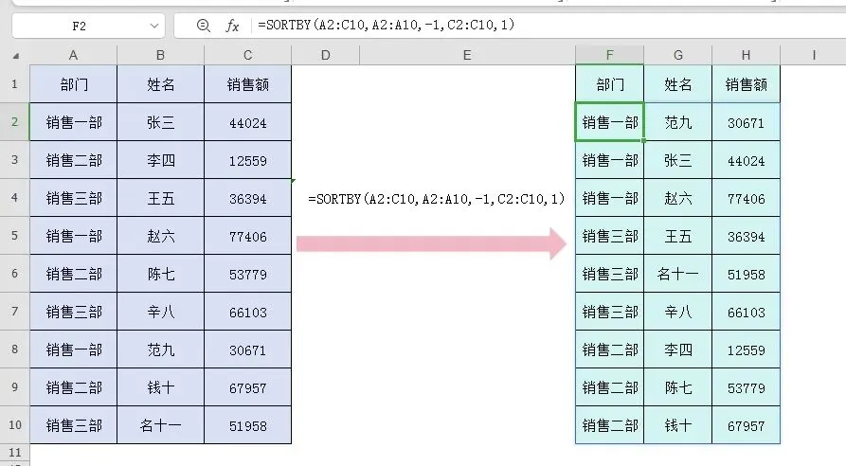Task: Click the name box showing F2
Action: pyautogui.click(x=80, y=27)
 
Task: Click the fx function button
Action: pyautogui.click(x=232, y=27)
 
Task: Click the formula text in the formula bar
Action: pyautogui.click(x=386, y=27)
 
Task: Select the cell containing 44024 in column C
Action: pyautogui.click(x=247, y=122)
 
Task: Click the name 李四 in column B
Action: pyautogui.click(x=161, y=160)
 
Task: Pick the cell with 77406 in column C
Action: pyautogui.click(x=247, y=236)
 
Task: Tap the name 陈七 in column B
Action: pyautogui.click(x=161, y=274)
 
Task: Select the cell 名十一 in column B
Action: pyautogui.click(x=161, y=425)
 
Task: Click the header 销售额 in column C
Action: pyautogui.click(x=247, y=84)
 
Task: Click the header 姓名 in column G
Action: pyautogui.click(x=677, y=84)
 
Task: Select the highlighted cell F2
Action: pyautogui.click(x=609, y=122)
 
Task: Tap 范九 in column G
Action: pyautogui.click(x=677, y=122)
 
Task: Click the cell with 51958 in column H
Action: pyautogui.click(x=746, y=274)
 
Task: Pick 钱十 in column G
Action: pyautogui.click(x=677, y=425)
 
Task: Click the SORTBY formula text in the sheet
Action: pyautogui.click(x=436, y=199)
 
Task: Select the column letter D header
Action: pyautogui.click(x=325, y=55)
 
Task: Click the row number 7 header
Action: pyautogui.click(x=14, y=312)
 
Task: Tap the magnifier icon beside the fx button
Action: pyautogui.click(x=203, y=27)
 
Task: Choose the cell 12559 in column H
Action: pyautogui.click(x=746, y=349)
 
